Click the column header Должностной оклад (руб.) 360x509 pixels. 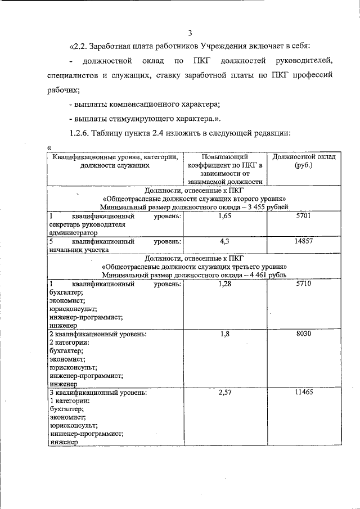(x=303, y=161)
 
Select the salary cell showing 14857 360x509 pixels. (x=303, y=241)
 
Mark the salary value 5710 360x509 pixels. (x=303, y=284)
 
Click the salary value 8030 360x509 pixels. (x=303, y=334)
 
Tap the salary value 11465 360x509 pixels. (x=303, y=392)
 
